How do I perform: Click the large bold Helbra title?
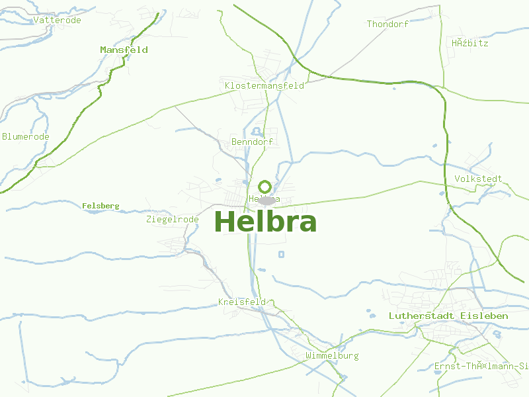(x=265, y=222)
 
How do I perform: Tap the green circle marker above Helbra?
(x=265, y=187)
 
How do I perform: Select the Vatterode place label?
(x=57, y=20)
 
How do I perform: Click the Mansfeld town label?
(x=124, y=50)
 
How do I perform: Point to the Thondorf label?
(x=387, y=24)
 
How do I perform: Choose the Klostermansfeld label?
(x=264, y=85)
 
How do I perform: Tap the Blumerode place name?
(x=26, y=136)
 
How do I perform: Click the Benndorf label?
(x=252, y=142)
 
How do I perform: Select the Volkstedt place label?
(x=478, y=179)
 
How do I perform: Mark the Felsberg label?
(x=101, y=206)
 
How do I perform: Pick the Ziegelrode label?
(x=172, y=219)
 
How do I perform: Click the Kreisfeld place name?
(x=241, y=302)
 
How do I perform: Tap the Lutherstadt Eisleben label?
(x=448, y=316)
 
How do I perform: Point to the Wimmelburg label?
(x=332, y=355)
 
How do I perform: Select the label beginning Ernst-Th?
(x=481, y=366)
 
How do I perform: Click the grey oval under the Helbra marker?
(x=266, y=200)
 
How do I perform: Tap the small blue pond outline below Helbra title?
(x=282, y=254)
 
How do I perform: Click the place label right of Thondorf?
(x=470, y=43)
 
